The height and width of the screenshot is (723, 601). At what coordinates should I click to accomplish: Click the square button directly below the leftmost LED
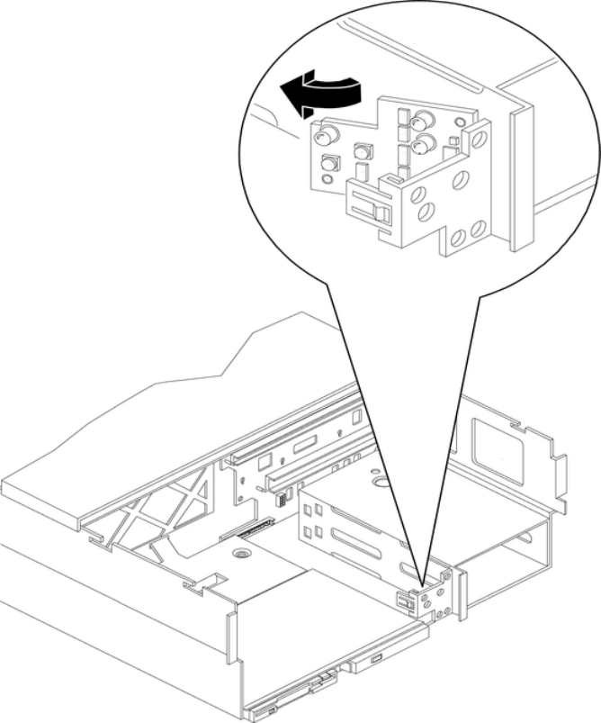(329, 163)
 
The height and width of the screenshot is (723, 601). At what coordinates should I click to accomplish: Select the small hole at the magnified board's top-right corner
(462, 121)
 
